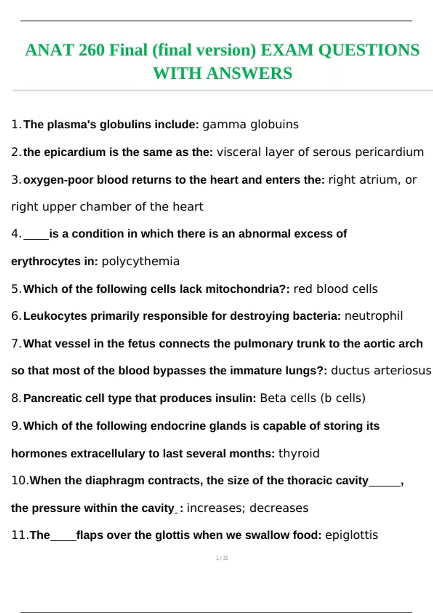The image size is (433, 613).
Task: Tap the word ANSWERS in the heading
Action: pyautogui.click(x=249, y=74)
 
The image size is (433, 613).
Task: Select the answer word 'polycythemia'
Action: pyautogui.click(x=140, y=261)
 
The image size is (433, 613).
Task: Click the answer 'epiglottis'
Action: pyautogui.click(x=351, y=535)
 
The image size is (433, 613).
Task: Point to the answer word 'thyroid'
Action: pyautogui.click(x=299, y=454)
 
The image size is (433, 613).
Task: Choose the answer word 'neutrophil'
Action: pyautogui.click(x=373, y=316)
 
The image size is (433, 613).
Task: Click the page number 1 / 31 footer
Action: pyautogui.click(x=222, y=558)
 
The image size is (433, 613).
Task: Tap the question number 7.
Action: pyautogui.click(x=16, y=344)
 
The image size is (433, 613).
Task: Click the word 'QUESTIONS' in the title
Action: pyautogui.click(x=369, y=50)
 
